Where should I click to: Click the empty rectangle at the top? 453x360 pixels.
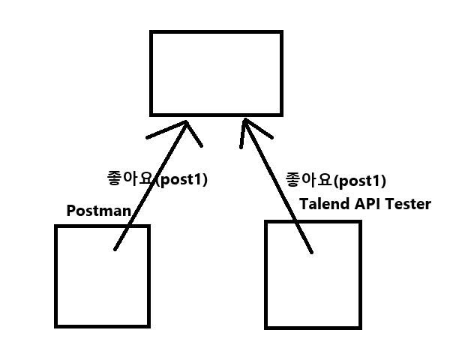[217, 73]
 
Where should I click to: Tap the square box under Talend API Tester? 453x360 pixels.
[313, 274]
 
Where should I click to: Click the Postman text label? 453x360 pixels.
[98, 210]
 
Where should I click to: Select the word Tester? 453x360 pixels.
[409, 204]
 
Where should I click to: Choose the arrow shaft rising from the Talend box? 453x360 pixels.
[276, 187]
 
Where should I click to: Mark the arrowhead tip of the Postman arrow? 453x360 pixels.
[184, 121]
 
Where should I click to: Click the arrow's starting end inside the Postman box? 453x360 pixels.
[115, 250]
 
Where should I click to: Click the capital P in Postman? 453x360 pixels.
[72, 210]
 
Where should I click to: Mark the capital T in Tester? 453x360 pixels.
[390, 204]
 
